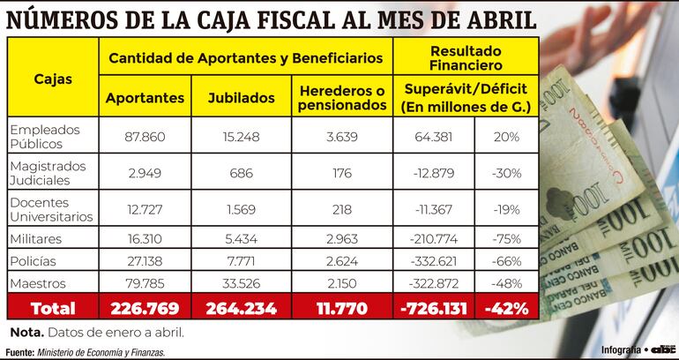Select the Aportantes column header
145,98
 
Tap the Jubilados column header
241,98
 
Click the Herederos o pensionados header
342,97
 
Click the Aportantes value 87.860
145,137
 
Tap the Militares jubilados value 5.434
241,238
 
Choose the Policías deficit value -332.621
434,262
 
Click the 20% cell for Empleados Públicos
506,137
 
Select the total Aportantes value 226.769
145,308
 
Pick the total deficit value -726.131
434,308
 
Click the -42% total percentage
506,308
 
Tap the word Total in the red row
51,308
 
